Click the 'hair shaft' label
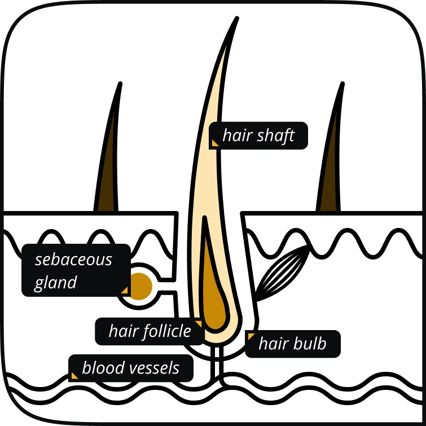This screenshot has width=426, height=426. coord(259,136)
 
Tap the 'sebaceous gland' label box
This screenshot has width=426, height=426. coord(76,270)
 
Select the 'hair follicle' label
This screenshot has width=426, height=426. coord(150,331)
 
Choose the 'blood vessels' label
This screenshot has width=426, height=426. coord(130,368)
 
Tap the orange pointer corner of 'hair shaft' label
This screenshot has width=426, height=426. coord(214,143)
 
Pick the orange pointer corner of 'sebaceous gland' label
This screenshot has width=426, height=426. coord(125,290)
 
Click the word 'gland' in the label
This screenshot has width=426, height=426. coord(55,282)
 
